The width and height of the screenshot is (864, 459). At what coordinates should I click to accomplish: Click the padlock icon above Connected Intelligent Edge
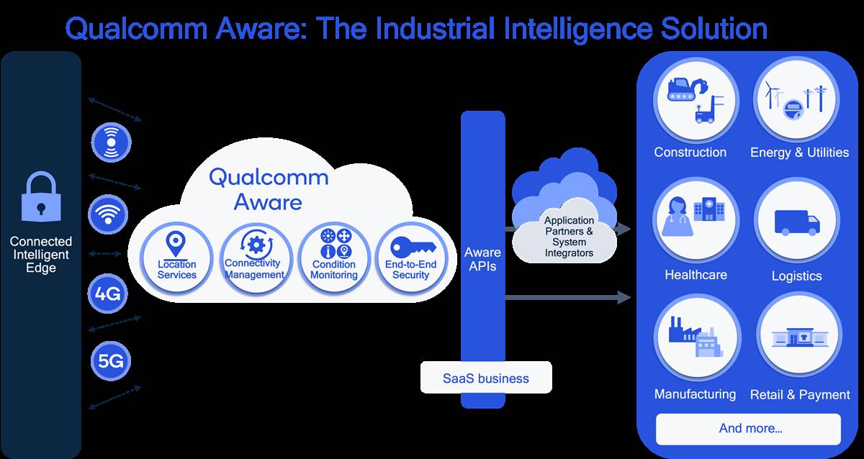41,198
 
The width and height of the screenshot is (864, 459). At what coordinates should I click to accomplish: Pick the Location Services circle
176,257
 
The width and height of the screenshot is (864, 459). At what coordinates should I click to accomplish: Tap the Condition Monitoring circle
334,257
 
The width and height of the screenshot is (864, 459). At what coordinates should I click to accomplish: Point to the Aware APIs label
482,259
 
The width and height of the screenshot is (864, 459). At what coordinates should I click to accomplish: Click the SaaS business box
486,378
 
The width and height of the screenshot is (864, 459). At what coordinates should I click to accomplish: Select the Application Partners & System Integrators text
569,237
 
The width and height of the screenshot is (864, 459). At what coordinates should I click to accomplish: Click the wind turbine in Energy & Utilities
773,95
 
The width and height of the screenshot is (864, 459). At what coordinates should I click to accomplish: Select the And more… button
749,429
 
